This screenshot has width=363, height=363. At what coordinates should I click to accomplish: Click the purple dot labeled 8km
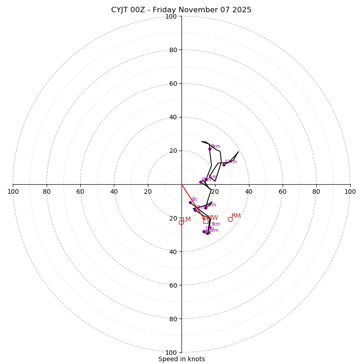pos(210,149)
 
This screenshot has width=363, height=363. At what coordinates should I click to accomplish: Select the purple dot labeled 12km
pos(224,165)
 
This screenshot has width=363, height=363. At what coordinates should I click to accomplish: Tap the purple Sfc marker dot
pos(190,202)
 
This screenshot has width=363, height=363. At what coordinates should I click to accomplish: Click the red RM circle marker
pos(230,219)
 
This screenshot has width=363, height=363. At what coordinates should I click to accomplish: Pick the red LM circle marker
pos(181,222)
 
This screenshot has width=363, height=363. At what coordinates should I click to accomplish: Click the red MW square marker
pos(206,221)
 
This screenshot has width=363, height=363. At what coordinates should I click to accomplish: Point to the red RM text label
pos(236,216)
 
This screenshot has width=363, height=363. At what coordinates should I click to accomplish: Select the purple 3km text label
pos(215,224)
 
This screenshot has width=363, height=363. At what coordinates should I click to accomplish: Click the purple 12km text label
pos(231,162)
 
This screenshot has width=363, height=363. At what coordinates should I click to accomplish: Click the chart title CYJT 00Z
pos(181,10)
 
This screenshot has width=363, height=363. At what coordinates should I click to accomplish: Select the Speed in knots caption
pos(181,359)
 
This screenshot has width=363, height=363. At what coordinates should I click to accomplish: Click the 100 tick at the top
pos(171,16)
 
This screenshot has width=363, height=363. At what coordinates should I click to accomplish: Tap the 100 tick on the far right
pos(350,191)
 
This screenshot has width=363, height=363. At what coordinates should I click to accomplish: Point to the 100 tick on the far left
pos(13,191)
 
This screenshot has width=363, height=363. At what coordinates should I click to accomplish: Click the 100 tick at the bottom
pos(171,352)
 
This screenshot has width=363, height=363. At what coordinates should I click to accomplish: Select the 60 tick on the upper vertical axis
pos(173,83)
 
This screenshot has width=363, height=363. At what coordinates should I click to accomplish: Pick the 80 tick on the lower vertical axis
pos(173,319)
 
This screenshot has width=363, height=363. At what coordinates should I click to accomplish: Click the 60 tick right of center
pos(283,191)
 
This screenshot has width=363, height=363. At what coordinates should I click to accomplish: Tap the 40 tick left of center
pos(114,191)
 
